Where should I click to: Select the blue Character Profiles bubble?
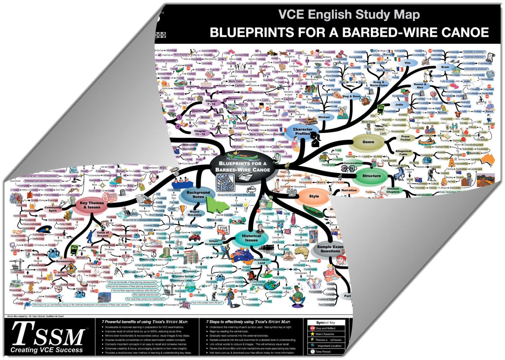point(302,131)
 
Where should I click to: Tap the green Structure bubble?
point(371,176)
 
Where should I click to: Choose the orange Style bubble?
point(314,196)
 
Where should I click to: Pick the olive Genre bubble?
point(368,142)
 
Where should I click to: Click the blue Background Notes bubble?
point(198,195)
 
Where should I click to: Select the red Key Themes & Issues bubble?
point(92,205)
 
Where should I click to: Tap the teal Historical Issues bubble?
point(251,238)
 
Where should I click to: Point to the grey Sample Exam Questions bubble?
point(330,249)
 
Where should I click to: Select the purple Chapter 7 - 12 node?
point(211,102)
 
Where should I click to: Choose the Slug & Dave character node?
point(351,96)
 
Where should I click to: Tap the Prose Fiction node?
point(405,138)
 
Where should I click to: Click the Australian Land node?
point(261,261)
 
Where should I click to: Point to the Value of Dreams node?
point(103,234)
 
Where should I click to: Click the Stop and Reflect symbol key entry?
point(325,328)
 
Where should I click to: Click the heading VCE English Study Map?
point(349,15)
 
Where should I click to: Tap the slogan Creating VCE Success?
point(47,350)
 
